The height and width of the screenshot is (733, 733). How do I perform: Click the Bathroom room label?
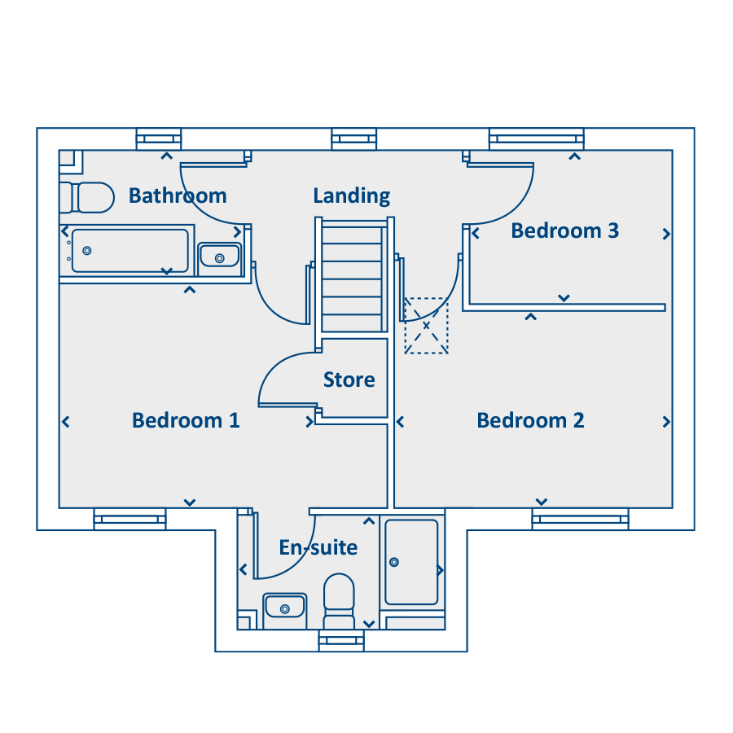178,195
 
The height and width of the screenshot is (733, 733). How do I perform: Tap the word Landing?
352,195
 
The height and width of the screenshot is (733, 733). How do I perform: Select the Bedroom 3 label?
564,231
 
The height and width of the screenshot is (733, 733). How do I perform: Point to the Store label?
349,380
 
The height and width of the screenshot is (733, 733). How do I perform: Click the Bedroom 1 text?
186,420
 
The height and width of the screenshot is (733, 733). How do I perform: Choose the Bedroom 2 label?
530,420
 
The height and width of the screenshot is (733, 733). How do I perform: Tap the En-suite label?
318,547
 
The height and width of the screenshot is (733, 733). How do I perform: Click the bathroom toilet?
87,197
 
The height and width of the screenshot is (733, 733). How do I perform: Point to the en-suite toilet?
339,601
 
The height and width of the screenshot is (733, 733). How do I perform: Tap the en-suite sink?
285,608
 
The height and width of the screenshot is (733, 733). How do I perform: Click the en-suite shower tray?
411,562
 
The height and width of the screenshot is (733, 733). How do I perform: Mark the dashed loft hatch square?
426,325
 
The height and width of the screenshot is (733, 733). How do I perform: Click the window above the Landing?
354,138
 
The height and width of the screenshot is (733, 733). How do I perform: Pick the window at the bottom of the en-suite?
341,640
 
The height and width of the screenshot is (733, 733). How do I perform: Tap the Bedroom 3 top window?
537,138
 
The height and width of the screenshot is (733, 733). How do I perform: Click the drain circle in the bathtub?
87,251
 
